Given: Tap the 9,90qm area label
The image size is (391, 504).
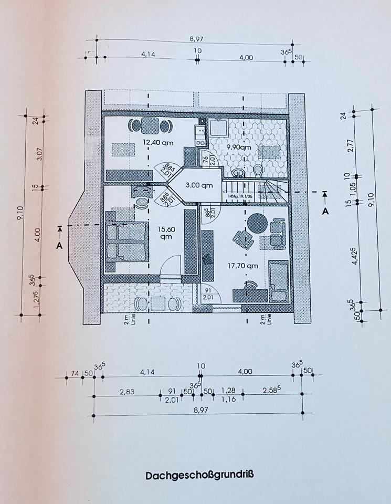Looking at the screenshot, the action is (x=239, y=148).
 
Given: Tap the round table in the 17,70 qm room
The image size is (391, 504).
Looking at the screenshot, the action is (x=258, y=223).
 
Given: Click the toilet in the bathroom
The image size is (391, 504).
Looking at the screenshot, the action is (x=258, y=171).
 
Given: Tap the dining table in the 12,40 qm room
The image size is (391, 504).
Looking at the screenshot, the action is (x=150, y=127).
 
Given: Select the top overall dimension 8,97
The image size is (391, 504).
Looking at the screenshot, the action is (x=197, y=38).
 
